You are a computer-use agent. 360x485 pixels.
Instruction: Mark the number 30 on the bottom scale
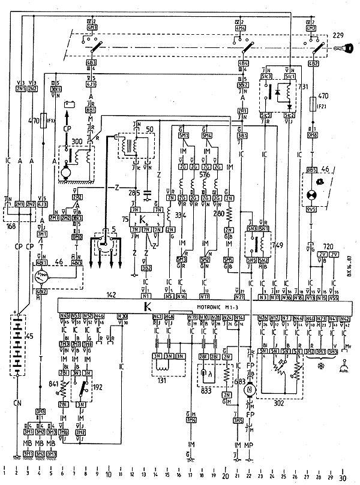pyautogui.click(x=343, y=477)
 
